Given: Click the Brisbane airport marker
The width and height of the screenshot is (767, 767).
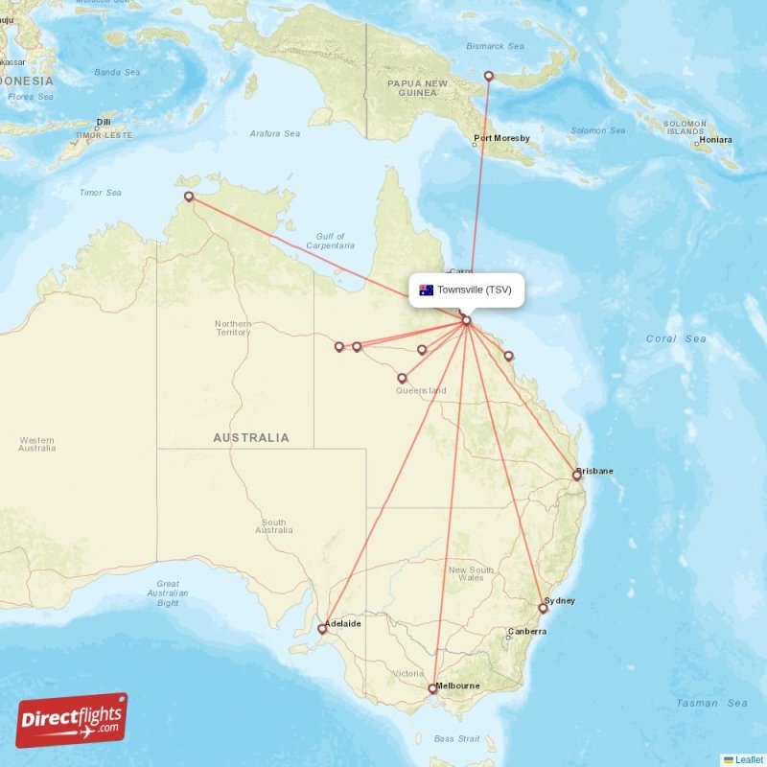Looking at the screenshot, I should tap(577, 475).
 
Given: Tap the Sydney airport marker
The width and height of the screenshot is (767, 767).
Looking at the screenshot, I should tap(543, 608).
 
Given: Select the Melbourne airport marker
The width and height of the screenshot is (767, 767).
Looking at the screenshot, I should tap(432, 688).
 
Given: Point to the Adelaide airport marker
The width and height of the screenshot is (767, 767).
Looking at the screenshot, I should tap(322, 629).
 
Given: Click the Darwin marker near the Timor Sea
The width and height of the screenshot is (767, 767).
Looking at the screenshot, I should tap(189, 197).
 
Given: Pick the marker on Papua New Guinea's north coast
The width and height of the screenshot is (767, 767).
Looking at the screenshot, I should tap(488, 76).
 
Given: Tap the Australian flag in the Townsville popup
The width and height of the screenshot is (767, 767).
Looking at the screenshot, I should tap(426, 290).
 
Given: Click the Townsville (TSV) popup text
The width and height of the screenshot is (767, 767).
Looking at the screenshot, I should tap(475, 290).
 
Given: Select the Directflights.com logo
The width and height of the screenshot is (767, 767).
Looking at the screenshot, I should tap(72, 720).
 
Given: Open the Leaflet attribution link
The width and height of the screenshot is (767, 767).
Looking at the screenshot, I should tap(749, 759).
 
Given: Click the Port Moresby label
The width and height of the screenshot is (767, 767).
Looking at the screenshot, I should tap(501, 139).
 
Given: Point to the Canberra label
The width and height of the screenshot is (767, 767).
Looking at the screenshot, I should tap(526, 632).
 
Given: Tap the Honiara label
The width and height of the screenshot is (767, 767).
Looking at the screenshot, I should tap(715, 140).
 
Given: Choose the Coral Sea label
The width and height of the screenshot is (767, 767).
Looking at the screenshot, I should tap(675, 338).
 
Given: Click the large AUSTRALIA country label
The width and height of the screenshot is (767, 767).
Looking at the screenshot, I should tap(250, 438).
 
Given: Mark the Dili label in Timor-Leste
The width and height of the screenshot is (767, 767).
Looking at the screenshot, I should tap(104, 122).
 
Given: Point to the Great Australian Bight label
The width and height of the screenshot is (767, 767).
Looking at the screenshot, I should tap(168, 593).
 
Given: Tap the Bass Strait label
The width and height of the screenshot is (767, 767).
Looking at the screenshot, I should tap(456, 738).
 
